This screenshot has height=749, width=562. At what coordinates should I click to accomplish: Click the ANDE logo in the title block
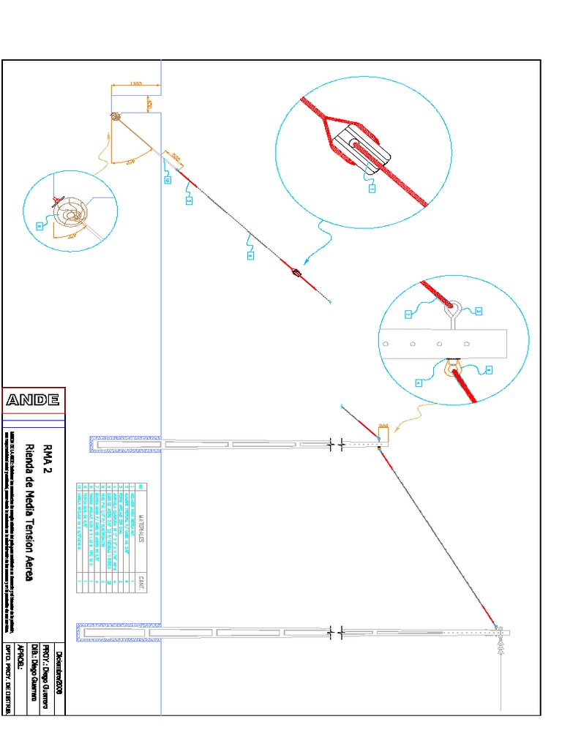(x=34, y=400)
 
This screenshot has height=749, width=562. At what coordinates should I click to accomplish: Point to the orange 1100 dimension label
(x=135, y=85)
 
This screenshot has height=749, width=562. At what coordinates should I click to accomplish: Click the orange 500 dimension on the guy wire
(x=175, y=157)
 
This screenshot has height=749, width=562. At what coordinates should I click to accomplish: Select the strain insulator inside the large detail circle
(x=363, y=150)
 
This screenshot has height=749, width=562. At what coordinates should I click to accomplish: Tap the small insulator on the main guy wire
(x=296, y=274)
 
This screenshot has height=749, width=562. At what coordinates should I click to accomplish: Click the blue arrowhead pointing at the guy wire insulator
(x=306, y=259)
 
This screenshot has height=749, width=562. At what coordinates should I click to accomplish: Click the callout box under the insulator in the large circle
(x=372, y=188)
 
